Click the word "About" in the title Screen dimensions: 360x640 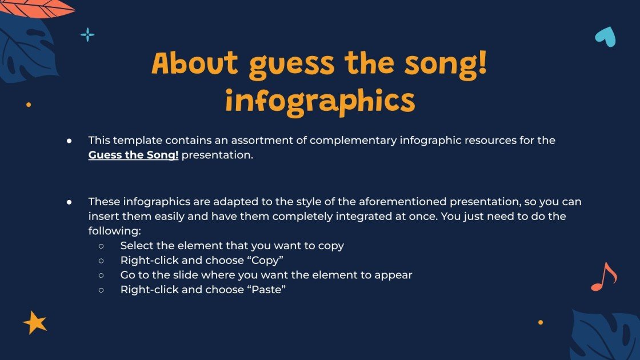[x=194, y=64]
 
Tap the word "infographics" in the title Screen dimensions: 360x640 [x=319, y=101]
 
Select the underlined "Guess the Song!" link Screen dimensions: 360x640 [x=133, y=155]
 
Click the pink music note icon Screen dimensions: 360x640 [x=603, y=277]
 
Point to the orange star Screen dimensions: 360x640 [x=35, y=323]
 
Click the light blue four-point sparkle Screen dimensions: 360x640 [x=87, y=35]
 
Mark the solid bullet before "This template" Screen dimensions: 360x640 [x=69, y=141]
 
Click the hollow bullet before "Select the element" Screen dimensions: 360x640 [x=101, y=246]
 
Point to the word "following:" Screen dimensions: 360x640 [x=114, y=231]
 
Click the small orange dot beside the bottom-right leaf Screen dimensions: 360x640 [x=541, y=322]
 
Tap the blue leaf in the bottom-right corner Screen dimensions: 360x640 [x=606, y=337]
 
